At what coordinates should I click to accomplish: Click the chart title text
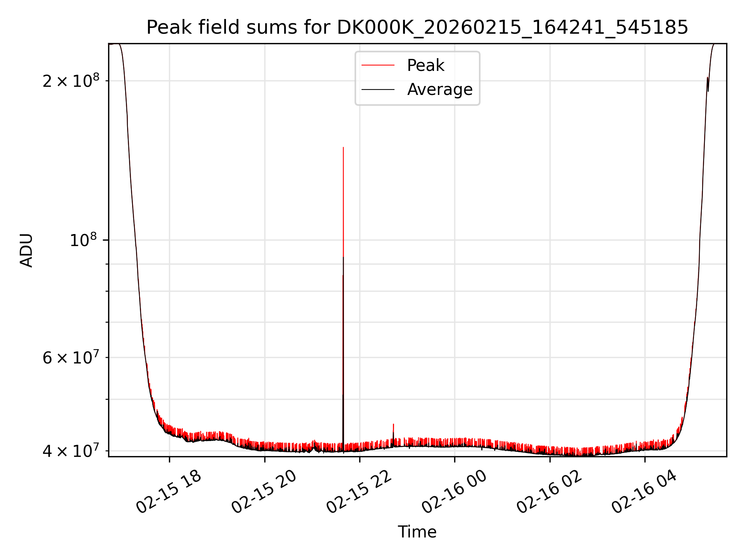point(417,28)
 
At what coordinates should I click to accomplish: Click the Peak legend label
point(425,65)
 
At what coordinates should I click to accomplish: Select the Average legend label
point(439,90)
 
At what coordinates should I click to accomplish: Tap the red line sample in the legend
point(378,65)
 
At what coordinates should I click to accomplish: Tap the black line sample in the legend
point(378,90)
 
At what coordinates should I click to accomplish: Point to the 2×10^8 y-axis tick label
point(71,81)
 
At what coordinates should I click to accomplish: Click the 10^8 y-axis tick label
point(84,240)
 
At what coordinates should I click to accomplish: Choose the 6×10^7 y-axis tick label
point(71,358)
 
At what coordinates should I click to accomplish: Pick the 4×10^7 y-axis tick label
point(71,451)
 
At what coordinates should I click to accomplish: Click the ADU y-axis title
point(26,250)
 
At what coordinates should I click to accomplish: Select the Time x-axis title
point(417,532)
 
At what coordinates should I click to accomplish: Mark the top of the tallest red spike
point(343,148)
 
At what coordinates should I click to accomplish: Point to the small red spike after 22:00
point(393,425)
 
